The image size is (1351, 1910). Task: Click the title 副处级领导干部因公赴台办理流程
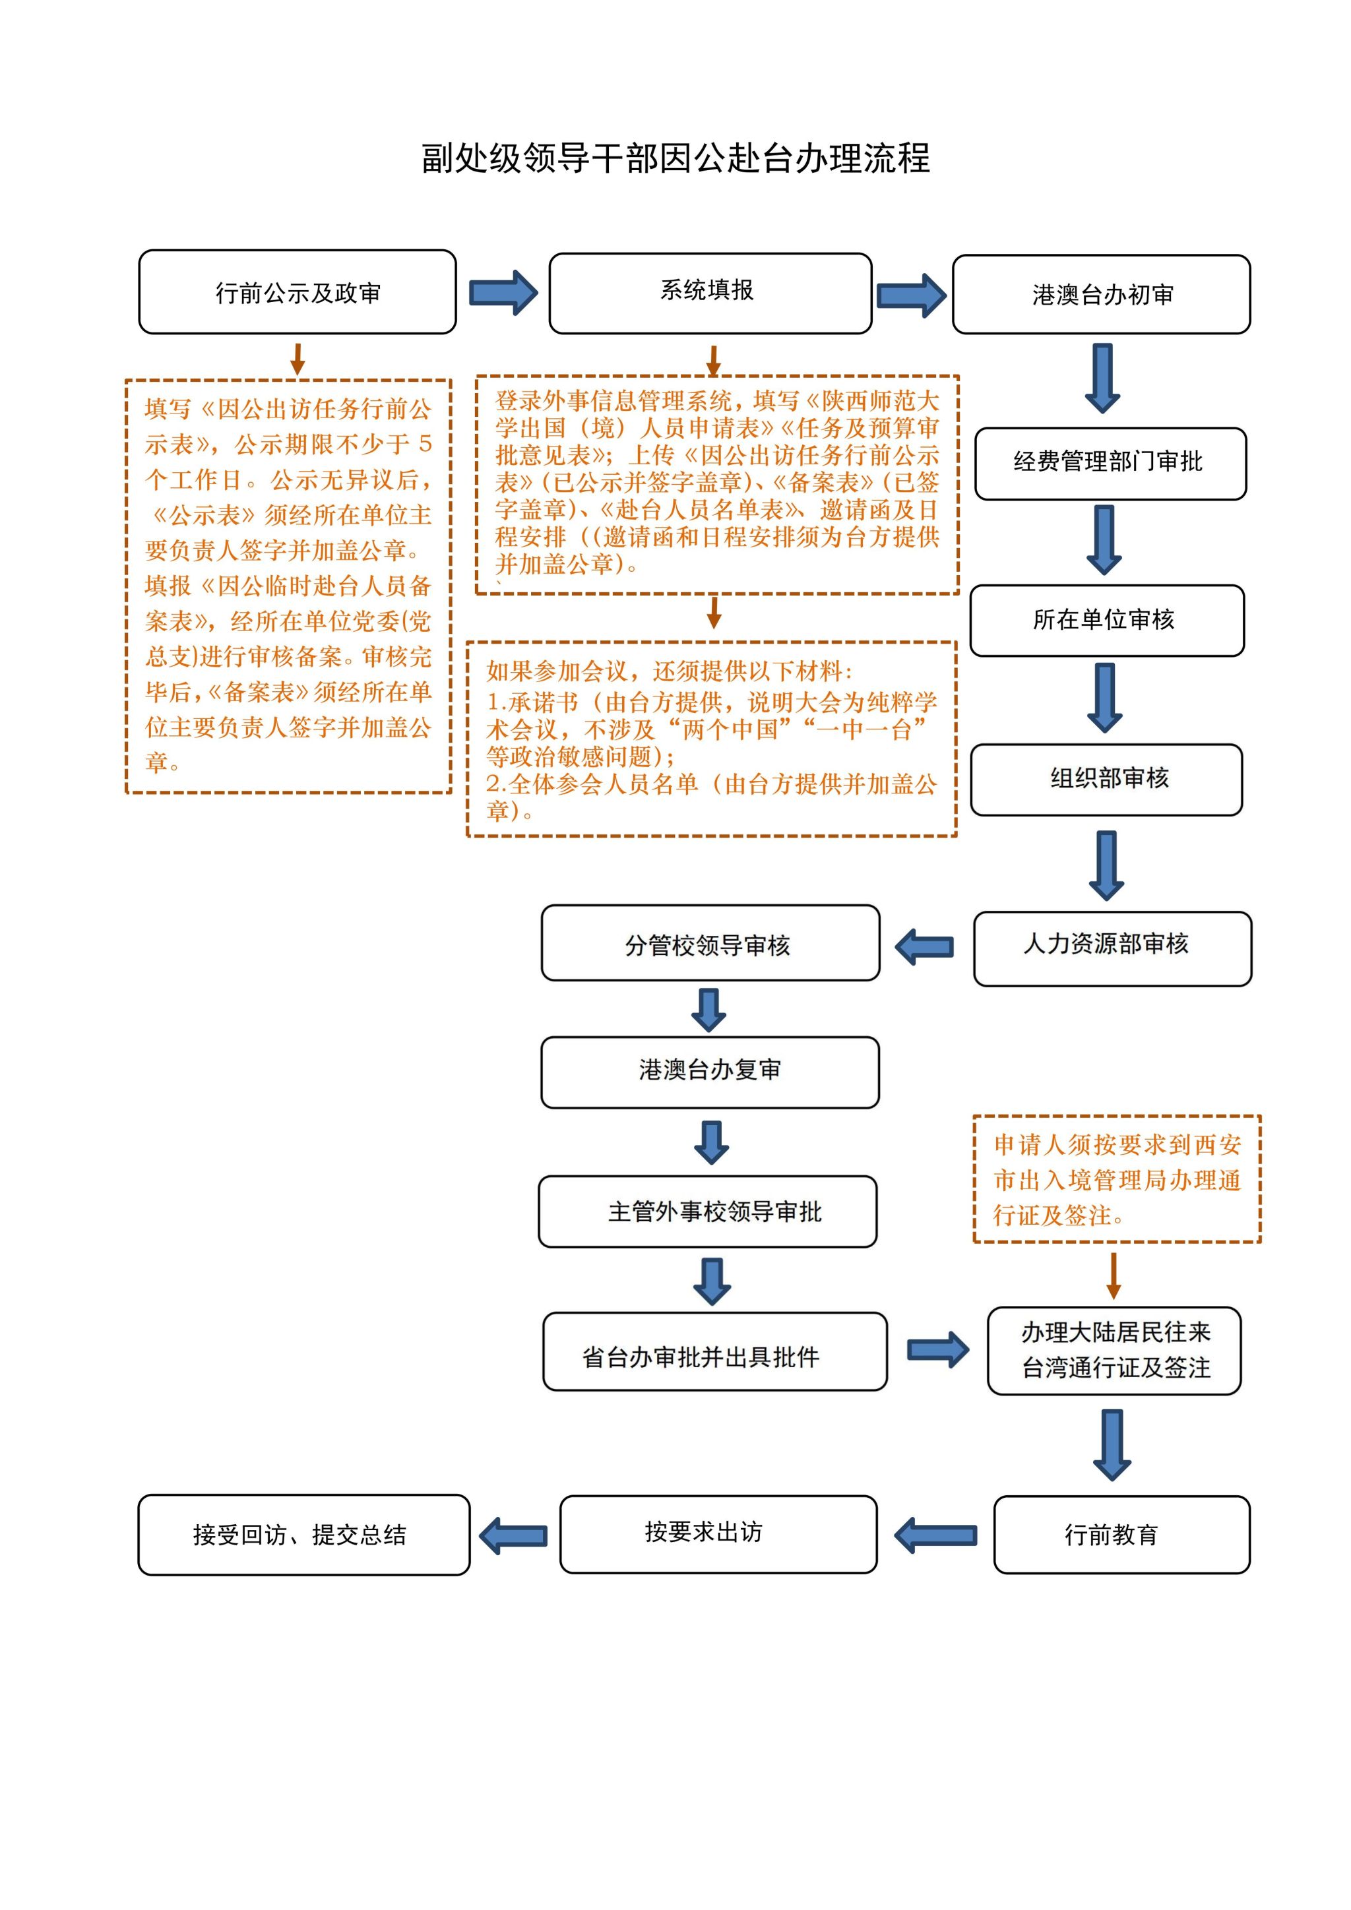675,158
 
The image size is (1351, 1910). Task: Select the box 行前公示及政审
298,292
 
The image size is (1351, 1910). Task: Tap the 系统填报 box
710,293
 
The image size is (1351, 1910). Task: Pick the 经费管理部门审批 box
1110,464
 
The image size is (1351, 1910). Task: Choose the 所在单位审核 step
1106,621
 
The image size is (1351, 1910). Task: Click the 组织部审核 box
1106,780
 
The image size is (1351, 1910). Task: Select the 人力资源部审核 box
1112,948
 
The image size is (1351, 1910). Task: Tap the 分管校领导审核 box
710,943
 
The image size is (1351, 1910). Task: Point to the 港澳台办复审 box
710,1072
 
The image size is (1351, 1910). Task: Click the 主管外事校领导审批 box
708,1211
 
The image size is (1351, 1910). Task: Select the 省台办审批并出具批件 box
714,1351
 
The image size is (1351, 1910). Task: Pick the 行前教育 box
1121,1535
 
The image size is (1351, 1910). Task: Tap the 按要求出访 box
718,1534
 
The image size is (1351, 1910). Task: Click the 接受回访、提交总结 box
303,1535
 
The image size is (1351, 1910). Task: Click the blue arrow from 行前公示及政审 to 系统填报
503,293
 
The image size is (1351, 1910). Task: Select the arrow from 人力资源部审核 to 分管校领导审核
924,946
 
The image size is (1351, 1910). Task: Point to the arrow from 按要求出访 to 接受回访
514,1535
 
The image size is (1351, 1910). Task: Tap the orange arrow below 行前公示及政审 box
297,359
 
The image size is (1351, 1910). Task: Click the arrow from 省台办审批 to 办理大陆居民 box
937,1350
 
